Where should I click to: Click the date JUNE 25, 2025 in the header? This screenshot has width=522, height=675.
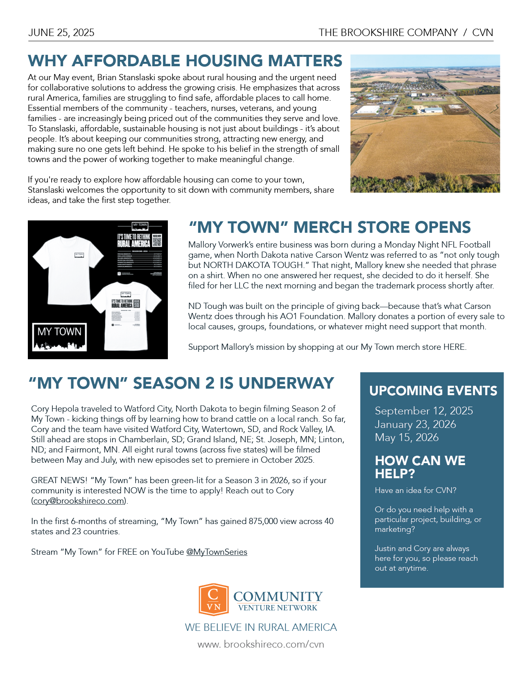pos(61,33)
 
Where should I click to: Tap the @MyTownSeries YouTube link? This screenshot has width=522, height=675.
pos(217,552)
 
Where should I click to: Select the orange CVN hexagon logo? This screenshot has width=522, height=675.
pos(213,599)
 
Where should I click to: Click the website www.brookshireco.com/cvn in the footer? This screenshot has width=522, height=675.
pos(261,644)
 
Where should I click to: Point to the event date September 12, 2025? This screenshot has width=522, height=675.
pos(424,411)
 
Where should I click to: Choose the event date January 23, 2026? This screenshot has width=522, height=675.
pos(415,424)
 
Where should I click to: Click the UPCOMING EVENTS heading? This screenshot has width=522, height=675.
pos(433,391)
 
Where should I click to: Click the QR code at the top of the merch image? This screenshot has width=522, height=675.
pos(157,241)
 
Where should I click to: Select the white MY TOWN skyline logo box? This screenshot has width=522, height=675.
pos(60,337)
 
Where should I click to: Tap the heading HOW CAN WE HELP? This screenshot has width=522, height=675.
pos(420,467)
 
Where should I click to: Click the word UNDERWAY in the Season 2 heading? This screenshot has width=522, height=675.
pos(286,383)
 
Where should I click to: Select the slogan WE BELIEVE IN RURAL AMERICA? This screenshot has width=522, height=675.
pos(261,627)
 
